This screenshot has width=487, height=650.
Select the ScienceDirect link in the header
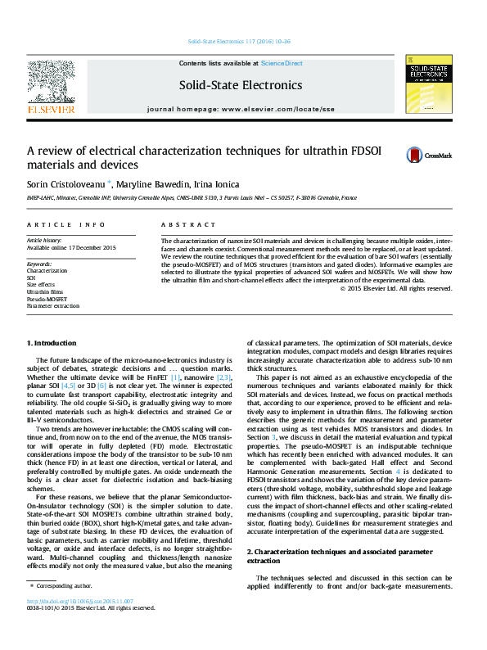point(282,63)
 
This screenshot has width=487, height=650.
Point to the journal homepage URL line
point(240,109)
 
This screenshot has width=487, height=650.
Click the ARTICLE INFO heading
point(65,224)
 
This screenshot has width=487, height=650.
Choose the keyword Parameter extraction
point(53,305)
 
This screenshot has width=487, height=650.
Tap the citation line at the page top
point(240,41)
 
